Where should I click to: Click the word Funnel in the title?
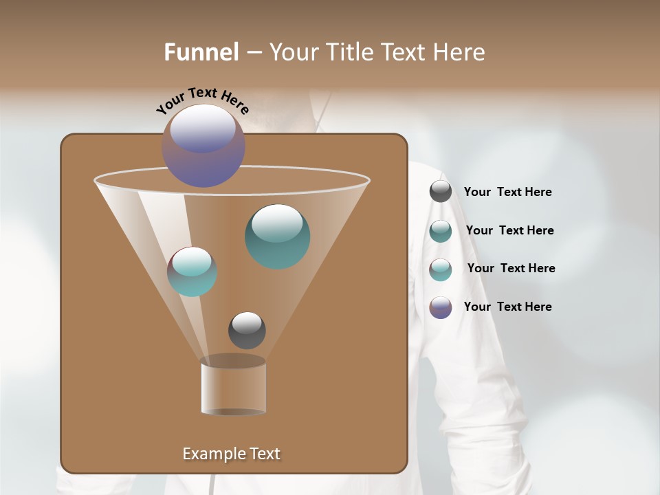(201, 52)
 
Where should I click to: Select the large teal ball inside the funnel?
(277, 236)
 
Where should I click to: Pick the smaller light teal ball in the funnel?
(192, 272)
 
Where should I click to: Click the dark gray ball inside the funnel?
(247, 331)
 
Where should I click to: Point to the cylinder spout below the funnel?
(233, 386)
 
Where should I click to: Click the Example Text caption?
(231, 454)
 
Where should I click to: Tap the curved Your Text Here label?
(202, 100)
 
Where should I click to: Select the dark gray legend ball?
(441, 192)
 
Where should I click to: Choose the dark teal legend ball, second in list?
(441, 231)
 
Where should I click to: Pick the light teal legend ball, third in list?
(441, 269)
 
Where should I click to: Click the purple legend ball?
(441, 307)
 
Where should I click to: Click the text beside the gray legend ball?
(507, 192)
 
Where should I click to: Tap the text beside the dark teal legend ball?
(509, 230)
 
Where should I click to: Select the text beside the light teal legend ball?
(511, 268)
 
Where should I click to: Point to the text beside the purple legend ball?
(507, 307)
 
